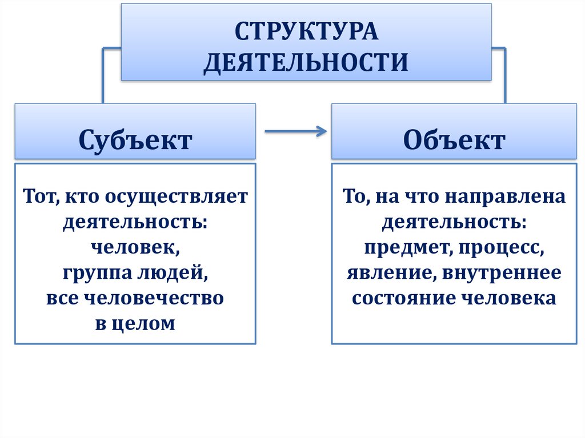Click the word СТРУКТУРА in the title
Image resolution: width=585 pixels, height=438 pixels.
[306, 31]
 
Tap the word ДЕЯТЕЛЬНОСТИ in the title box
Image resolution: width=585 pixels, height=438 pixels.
[306, 62]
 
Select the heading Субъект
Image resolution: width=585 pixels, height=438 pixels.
[135, 140]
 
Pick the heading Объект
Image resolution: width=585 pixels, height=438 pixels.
[454, 140]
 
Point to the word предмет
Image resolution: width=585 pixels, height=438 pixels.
[399, 247]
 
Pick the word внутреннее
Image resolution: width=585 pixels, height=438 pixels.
[500, 273]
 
